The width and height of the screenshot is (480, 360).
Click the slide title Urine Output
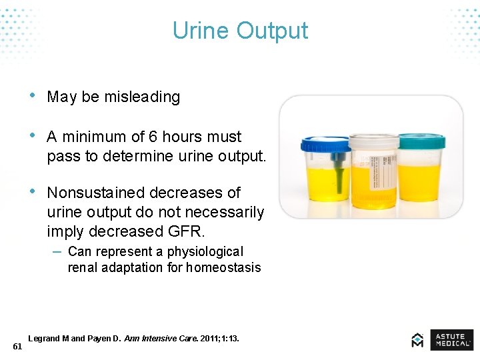pyautogui.click(x=240, y=31)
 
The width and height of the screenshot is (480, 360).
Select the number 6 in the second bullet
pyautogui.click(x=153, y=137)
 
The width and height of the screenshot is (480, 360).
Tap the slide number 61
pyautogui.click(x=17, y=347)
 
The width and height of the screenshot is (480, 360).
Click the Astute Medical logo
pyautogui.click(x=443, y=339)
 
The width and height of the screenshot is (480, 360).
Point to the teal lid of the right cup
pyautogui.click(x=421, y=141)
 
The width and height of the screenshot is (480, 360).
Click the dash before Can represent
pyautogui.click(x=57, y=251)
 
